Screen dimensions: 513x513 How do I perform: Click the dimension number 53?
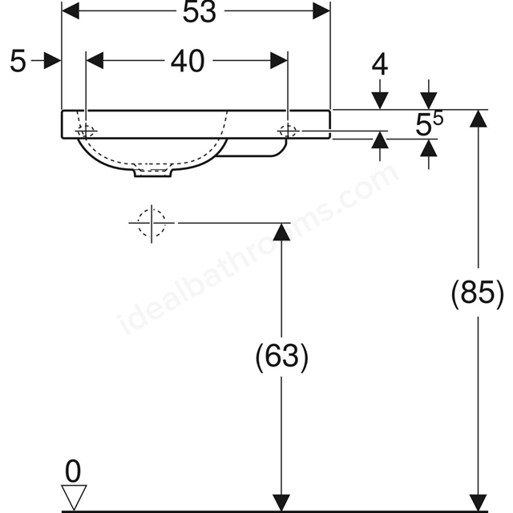point(200,13)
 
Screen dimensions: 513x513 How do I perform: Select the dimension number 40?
point(188,61)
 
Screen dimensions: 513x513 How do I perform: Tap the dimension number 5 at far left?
point(18,61)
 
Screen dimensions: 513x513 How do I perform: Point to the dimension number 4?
point(380,64)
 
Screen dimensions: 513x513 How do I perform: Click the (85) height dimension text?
point(478,292)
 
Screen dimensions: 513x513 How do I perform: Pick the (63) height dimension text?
point(281,356)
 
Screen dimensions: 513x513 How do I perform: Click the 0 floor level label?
point(73,471)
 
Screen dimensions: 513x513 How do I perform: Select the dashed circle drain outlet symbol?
point(151,223)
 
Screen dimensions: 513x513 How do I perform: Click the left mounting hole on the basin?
point(86,131)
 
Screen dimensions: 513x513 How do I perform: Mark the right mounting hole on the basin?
point(288,131)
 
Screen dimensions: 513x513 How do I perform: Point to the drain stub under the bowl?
point(153,172)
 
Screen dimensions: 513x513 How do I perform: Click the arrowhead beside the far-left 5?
point(52,61)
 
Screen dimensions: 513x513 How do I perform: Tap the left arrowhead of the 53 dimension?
point(71,10)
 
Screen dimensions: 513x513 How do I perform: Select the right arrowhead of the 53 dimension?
point(321,10)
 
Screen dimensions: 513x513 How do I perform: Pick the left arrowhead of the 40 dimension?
point(95,61)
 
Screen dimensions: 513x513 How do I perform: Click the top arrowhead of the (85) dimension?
point(479,119)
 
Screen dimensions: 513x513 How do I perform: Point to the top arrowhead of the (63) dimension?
point(281,232)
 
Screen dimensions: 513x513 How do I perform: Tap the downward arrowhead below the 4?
point(380,101)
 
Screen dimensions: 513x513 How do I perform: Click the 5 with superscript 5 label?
point(430,123)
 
